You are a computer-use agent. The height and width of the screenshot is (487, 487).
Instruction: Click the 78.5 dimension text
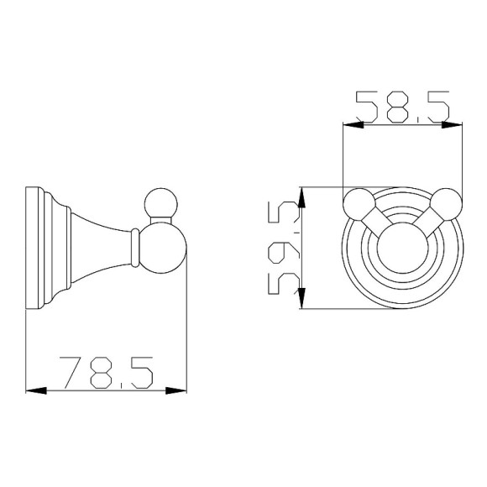(106, 373)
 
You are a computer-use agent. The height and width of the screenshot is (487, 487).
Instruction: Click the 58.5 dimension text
(402, 106)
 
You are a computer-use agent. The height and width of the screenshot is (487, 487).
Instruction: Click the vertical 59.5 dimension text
(284, 248)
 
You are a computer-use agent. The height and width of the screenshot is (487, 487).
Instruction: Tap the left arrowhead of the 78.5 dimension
(36, 390)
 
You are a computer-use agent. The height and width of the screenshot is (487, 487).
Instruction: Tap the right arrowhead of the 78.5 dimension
(176, 390)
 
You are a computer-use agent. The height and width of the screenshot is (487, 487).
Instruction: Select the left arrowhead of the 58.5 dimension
(353, 125)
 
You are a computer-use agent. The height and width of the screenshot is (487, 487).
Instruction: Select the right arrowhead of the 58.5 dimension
(452, 125)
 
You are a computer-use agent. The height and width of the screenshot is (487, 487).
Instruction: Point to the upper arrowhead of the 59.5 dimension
(302, 197)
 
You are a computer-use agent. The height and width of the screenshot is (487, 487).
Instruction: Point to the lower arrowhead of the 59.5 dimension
(302, 298)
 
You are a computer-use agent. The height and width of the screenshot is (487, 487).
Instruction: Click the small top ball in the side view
(161, 204)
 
